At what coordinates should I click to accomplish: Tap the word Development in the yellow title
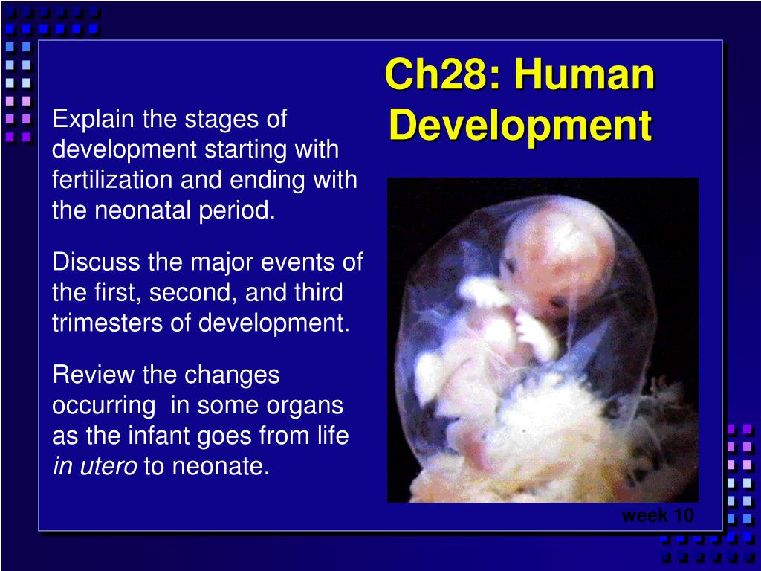coord(520,125)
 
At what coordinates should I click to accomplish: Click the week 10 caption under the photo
coord(658,515)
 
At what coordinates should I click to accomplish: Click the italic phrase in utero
coord(94,467)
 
